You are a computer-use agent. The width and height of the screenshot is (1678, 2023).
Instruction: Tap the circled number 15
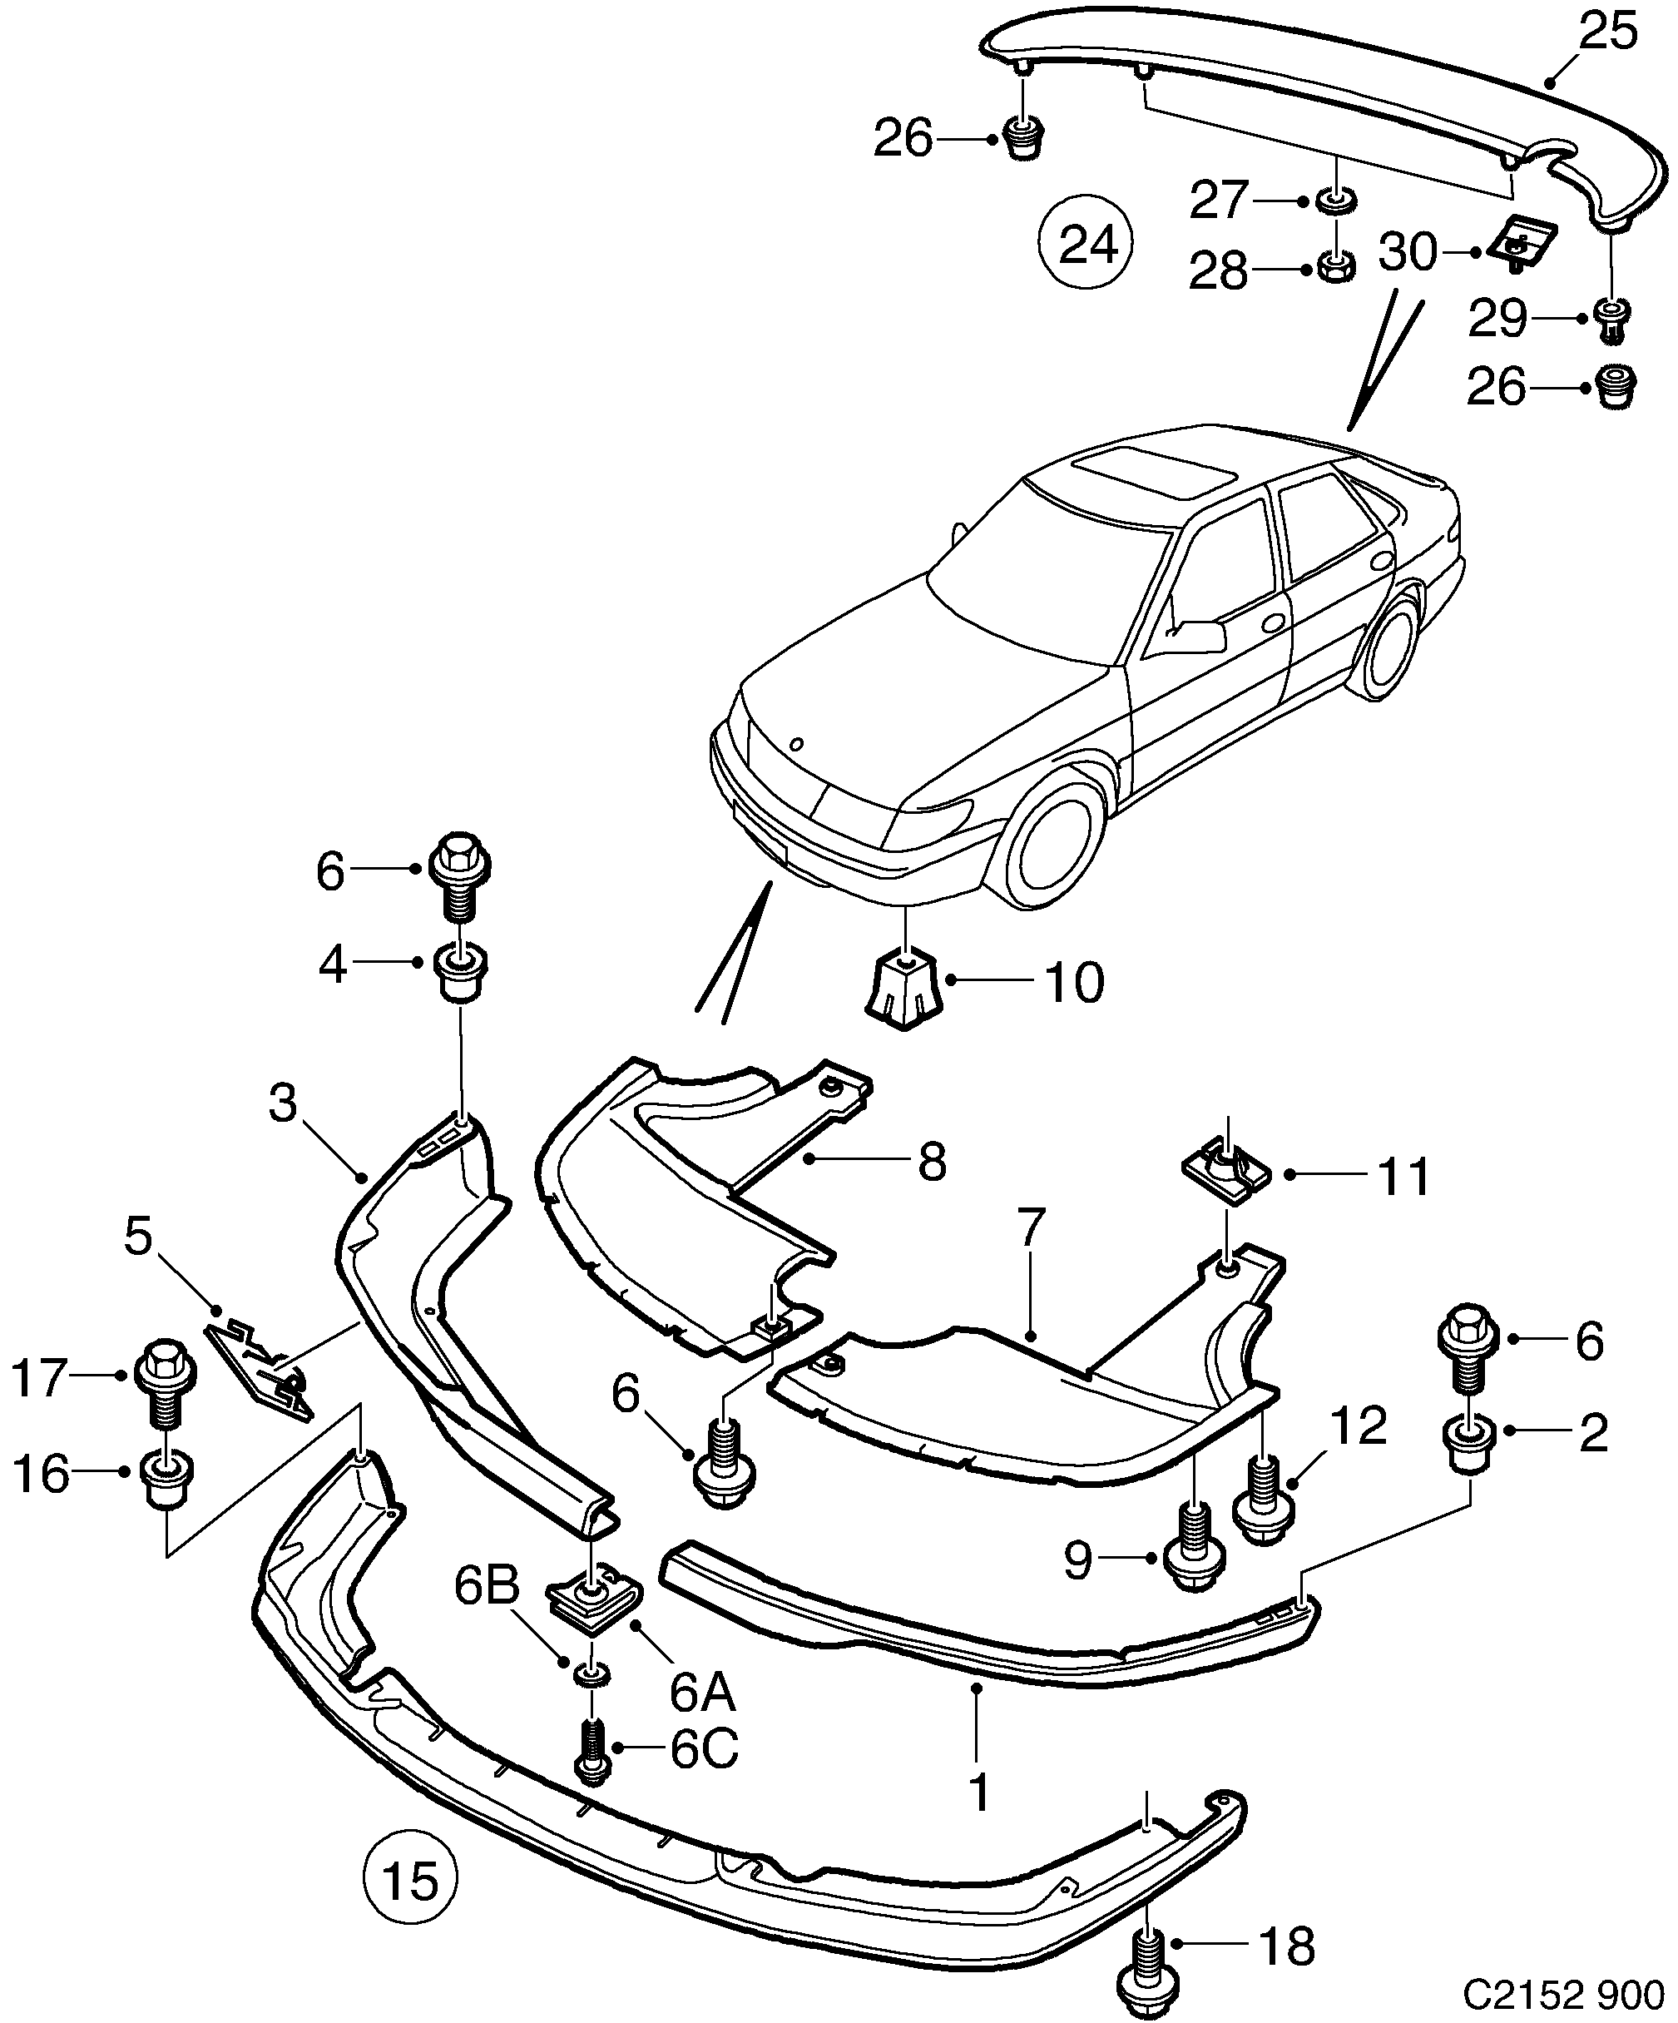tap(410, 1881)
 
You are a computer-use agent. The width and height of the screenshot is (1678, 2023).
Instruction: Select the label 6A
tap(702, 1693)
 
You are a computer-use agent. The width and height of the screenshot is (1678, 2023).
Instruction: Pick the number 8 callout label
tap(932, 1162)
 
